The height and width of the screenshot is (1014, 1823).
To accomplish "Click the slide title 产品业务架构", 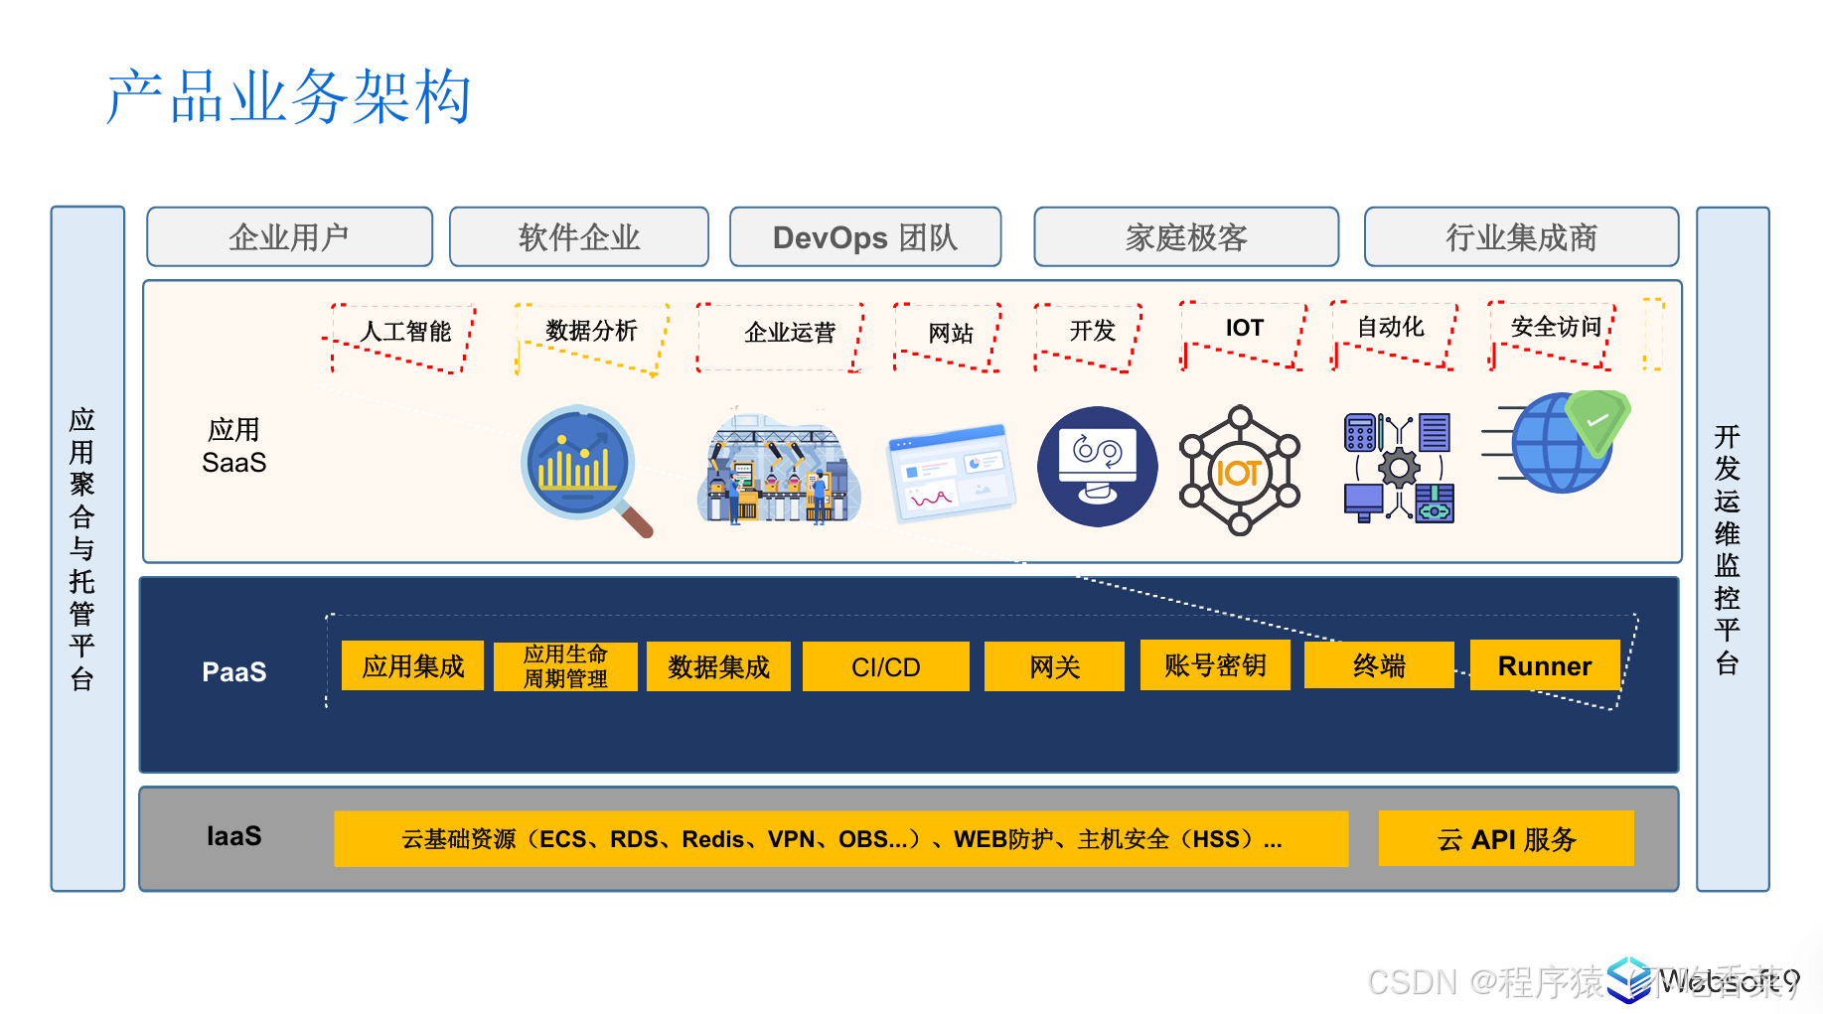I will tap(288, 97).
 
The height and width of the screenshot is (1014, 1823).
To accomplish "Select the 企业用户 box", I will tap(289, 237).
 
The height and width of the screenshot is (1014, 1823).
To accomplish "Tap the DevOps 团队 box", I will tap(864, 237).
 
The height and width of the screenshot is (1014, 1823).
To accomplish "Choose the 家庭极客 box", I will tap(1185, 237).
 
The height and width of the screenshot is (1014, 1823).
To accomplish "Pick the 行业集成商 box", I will tap(1520, 237).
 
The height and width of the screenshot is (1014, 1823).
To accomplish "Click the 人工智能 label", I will tap(405, 332).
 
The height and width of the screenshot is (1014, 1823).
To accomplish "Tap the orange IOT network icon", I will tap(1239, 471).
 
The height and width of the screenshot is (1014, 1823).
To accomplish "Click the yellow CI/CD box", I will tap(885, 666).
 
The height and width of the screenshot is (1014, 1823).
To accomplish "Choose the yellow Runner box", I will tap(1544, 665).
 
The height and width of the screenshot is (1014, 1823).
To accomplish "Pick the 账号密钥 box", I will tap(1214, 664).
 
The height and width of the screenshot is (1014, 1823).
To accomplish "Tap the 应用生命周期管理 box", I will tap(565, 666).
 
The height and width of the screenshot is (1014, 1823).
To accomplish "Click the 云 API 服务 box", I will tap(1505, 839).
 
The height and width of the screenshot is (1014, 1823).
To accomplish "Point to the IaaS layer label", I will tap(233, 836).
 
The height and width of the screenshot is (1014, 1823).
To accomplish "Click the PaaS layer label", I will tap(233, 672).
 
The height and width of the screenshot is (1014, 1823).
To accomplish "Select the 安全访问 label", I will tap(1555, 327).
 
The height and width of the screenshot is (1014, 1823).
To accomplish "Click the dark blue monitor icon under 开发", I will tap(1097, 467).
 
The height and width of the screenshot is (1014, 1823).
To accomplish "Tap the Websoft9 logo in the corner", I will tap(1704, 980).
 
